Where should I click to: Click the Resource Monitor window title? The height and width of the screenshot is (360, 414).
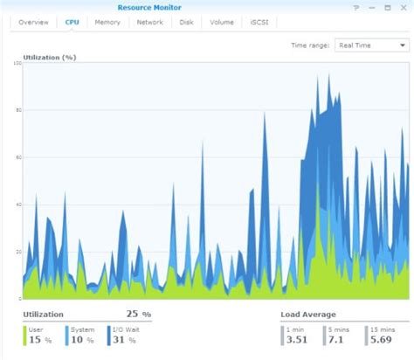coord(149,8)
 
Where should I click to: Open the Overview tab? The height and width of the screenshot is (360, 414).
coord(34,22)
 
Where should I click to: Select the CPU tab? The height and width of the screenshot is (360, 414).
coord(72,22)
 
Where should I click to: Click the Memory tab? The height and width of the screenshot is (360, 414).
coord(107,22)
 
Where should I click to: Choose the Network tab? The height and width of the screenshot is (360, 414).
coord(149,22)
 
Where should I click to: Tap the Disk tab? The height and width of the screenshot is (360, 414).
coord(186,22)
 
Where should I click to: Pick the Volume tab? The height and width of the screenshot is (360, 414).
coord(221,22)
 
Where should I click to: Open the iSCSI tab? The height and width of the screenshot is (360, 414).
coord(260,22)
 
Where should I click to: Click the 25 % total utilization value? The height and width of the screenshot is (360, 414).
coord(138,315)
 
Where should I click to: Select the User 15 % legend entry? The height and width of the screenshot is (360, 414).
coord(38,336)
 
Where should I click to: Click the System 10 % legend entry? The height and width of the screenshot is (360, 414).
coord(82,336)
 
